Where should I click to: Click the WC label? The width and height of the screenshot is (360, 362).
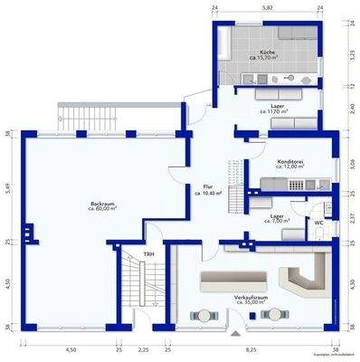coord(319,222)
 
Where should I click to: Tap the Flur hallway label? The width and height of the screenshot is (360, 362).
coord(208,186)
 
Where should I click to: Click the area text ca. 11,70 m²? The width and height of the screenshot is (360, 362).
coord(274,111)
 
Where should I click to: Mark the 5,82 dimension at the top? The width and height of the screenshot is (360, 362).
coord(267,7)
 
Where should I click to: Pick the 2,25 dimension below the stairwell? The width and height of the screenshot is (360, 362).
coord(142,348)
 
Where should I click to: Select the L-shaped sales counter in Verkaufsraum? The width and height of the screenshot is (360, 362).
coord(306,274)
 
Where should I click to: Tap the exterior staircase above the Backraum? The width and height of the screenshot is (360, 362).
coord(83,114)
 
